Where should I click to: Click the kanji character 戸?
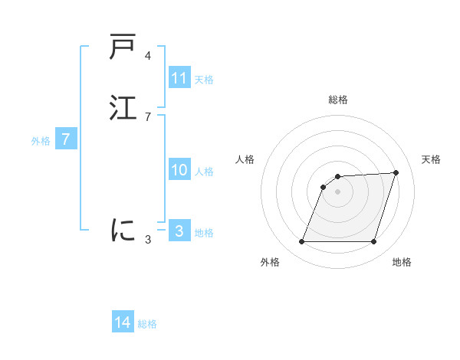pos(123,47)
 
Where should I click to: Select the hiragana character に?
pos(123,229)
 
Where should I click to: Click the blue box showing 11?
pos(179,78)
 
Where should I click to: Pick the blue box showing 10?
pos(179,170)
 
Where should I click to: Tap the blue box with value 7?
pos(66,139)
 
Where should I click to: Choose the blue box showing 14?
pos(123,322)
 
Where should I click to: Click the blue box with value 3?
pos(179,231)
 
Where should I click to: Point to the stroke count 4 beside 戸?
pos(147,56)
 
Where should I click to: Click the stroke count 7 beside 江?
pos(147,116)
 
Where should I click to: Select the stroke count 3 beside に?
pos(147,239)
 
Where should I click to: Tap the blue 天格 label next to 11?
pos(204,79)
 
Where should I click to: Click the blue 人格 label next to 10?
pos(204,172)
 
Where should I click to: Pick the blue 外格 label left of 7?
pos(41,141)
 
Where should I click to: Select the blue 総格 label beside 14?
pos(147,324)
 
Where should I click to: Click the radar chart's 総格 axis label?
pos(338,100)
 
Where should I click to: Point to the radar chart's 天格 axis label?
pos(431,159)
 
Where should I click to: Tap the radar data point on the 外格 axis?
pos(302,242)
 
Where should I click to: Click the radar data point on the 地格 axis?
pos(373,242)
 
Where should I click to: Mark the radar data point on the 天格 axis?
pos(396,172)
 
